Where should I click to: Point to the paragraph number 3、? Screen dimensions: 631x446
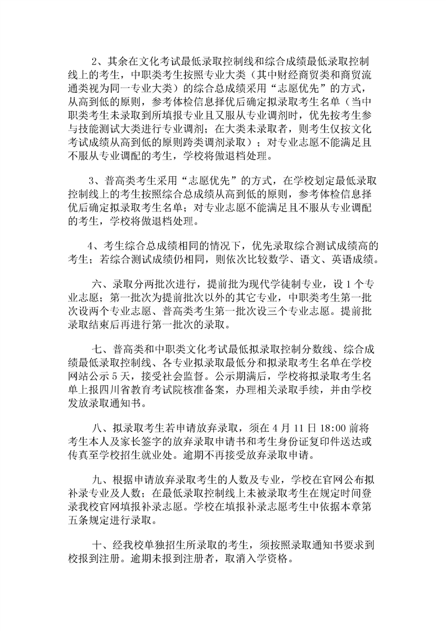(96, 181)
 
